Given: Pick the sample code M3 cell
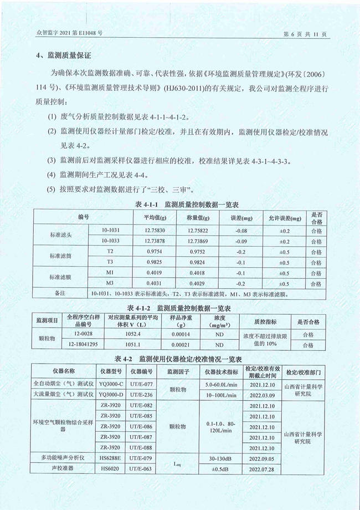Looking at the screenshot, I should pos(110,283).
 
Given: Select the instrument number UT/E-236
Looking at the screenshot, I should pos(142,394).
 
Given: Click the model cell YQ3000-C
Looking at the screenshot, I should pos(111,384).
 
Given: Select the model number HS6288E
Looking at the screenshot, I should pos(111,458).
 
